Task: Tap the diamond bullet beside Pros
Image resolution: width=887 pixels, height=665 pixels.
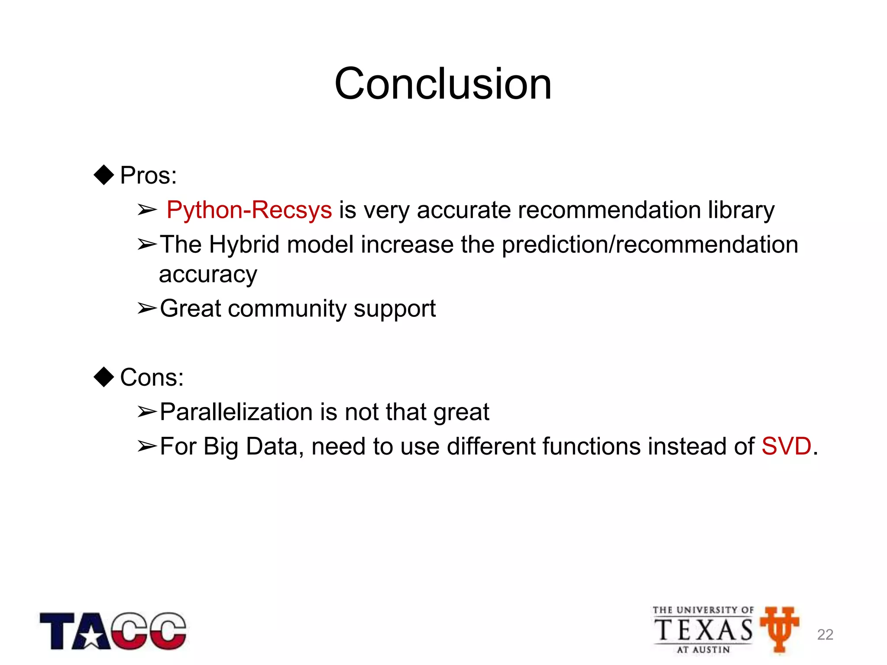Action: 104,175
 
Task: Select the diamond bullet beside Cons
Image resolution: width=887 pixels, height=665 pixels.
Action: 104,377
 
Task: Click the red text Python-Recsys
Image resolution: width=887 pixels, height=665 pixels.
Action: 249,210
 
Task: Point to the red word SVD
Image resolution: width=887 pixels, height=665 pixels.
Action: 786,446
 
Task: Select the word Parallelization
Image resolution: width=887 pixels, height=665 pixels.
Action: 236,412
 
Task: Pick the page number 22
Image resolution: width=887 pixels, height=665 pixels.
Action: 825,634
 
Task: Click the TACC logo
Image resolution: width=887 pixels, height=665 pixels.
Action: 113,631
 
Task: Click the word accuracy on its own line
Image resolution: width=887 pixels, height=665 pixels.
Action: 208,274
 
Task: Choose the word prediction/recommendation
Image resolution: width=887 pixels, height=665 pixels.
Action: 650,245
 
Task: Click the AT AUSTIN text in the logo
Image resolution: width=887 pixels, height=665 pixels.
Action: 703,649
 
